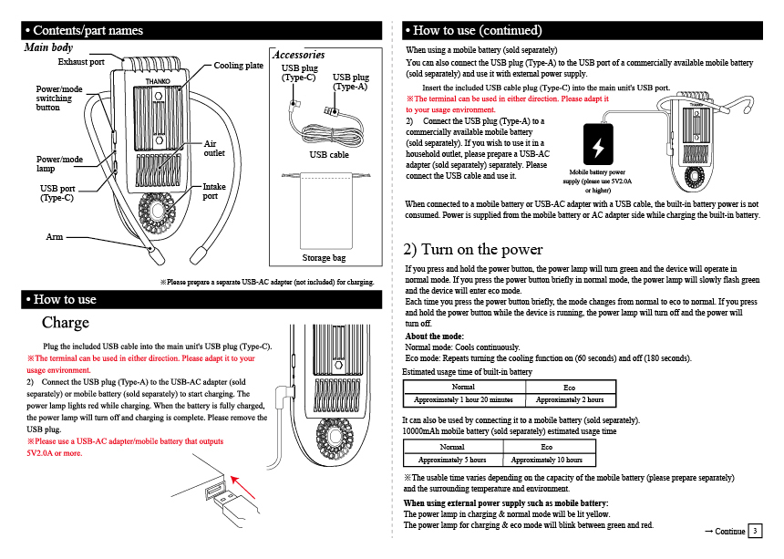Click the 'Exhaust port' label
click(x=81, y=62)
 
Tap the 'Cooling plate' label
click(x=239, y=66)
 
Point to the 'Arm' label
click(x=55, y=237)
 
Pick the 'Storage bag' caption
click(x=325, y=258)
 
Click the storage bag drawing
click(x=325, y=209)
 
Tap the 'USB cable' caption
click(x=328, y=155)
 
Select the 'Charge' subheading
click(x=66, y=323)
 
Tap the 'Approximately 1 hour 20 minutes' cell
click(x=463, y=399)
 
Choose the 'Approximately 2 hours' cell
click(x=570, y=399)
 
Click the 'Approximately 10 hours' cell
click(x=547, y=460)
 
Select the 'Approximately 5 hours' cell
click(x=452, y=460)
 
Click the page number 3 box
click(x=755, y=531)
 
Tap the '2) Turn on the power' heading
click(x=473, y=249)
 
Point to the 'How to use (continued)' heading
click(x=478, y=31)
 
